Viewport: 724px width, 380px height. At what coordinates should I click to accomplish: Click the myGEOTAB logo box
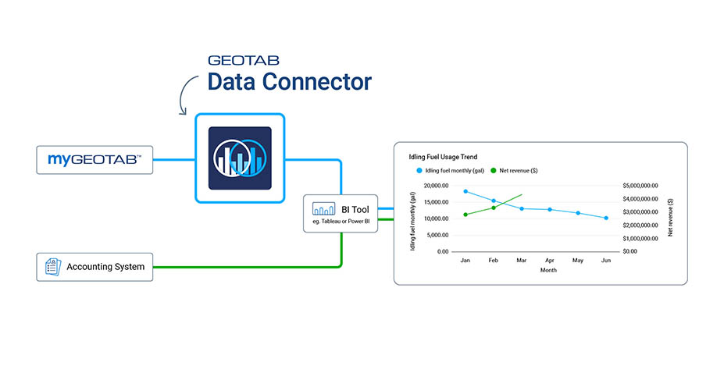tap(95, 159)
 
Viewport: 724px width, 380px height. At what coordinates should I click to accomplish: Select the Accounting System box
tap(95, 266)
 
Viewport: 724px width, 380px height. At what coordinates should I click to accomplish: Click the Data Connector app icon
tap(239, 158)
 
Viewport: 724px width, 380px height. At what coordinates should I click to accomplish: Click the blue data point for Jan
tap(465, 191)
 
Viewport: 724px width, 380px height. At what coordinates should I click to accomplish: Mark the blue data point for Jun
tap(606, 218)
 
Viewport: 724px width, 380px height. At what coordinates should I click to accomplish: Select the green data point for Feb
tap(494, 208)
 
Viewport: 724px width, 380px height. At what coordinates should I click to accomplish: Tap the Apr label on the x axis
tap(550, 260)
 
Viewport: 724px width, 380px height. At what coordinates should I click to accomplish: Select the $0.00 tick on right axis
tap(630, 252)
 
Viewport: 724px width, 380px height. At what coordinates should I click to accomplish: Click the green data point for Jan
tap(465, 215)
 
